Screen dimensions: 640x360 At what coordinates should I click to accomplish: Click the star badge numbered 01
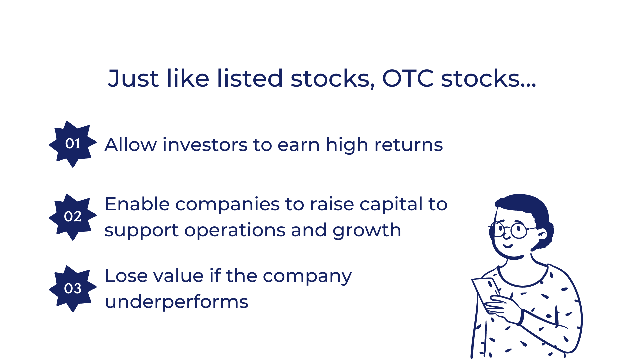coord(73,144)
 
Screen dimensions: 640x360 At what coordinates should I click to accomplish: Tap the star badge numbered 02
coord(73,217)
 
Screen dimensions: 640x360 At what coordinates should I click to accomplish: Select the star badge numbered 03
coord(73,289)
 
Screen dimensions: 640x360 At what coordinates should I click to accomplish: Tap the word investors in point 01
coord(205,145)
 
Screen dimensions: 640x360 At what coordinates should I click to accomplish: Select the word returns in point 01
coord(408,145)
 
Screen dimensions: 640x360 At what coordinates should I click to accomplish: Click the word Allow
coord(130,145)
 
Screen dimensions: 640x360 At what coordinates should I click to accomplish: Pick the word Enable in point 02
coord(137,204)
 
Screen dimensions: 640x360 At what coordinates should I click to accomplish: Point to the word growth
coord(367,231)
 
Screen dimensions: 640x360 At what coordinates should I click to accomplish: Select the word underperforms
coord(176,301)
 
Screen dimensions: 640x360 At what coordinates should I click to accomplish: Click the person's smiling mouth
coord(508,246)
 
